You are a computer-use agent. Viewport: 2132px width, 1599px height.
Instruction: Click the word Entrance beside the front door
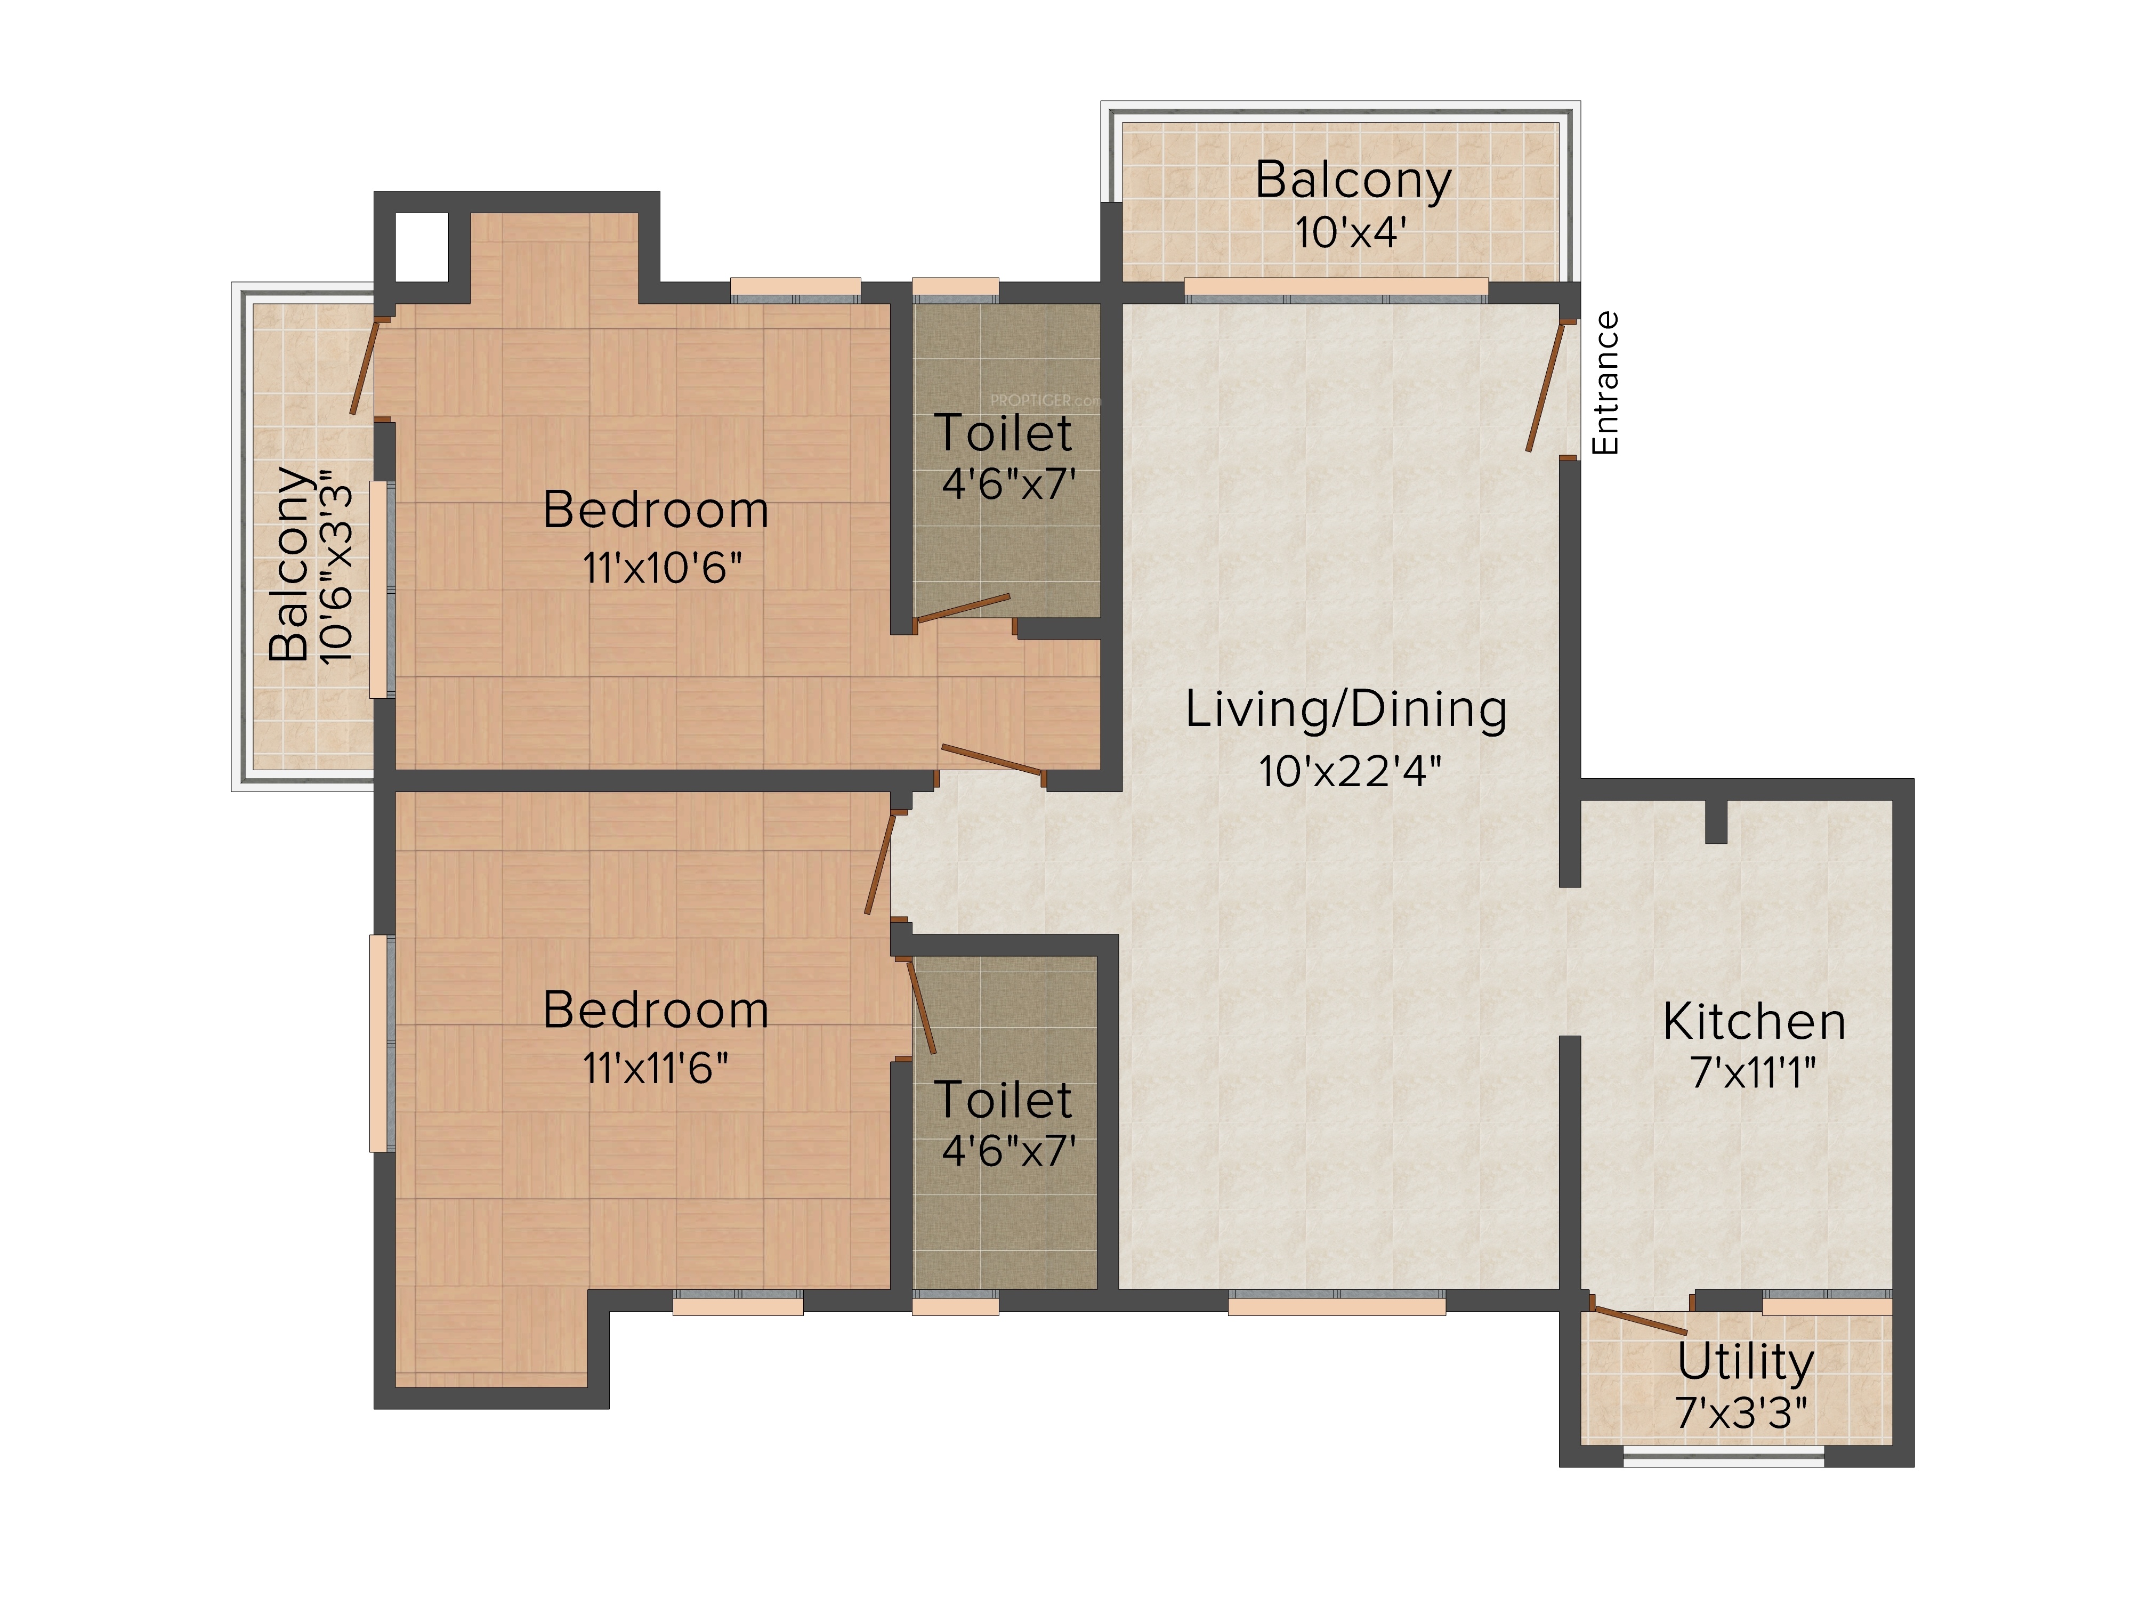pos(1605,383)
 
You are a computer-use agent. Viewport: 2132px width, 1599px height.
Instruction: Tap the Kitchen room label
pos(1754,1022)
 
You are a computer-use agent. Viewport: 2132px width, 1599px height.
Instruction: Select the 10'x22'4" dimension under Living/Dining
pos(1350,771)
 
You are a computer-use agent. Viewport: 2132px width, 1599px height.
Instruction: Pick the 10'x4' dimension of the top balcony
pos(1350,232)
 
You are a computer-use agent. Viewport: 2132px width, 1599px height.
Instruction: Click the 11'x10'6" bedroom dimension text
pos(662,568)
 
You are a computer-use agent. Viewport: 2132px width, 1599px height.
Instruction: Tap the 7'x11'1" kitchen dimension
pos(1753,1072)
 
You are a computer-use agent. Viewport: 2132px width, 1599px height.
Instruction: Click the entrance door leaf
pos(1545,385)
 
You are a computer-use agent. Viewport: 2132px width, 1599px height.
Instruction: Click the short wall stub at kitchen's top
pos(1716,821)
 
